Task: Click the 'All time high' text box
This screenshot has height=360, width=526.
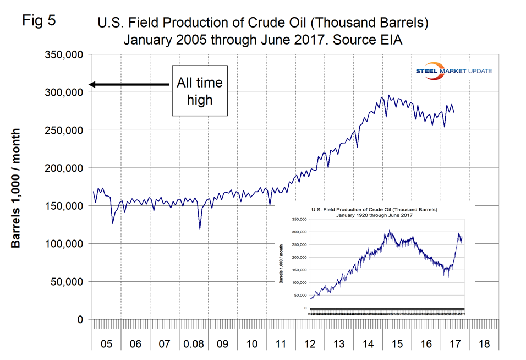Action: [200, 91]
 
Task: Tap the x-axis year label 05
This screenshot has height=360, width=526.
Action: [106, 344]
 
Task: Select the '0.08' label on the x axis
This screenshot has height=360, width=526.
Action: [194, 344]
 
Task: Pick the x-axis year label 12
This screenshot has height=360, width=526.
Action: [309, 344]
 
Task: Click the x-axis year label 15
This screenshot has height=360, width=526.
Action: [397, 344]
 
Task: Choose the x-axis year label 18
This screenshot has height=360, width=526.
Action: [484, 344]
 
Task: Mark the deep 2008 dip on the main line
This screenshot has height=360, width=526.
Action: [200, 228]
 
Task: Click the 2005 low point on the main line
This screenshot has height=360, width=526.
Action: [112, 223]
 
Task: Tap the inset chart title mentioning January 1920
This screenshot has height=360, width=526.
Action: [378, 212]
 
